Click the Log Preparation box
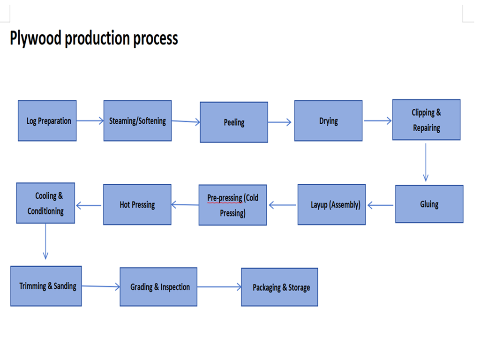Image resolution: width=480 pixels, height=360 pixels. [x=47, y=121]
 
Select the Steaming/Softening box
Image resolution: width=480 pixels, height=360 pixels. [x=137, y=121]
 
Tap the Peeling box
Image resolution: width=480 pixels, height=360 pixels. [x=234, y=122]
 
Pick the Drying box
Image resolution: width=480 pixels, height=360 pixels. [x=328, y=121]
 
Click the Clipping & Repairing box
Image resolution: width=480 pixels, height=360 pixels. [x=426, y=120]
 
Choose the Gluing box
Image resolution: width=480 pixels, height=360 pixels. [x=429, y=204]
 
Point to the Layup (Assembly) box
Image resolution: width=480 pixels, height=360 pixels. [x=331, y=205]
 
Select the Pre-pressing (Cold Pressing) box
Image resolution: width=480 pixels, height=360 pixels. [x=232, y=205]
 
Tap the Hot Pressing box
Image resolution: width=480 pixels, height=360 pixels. [x=137, y=205]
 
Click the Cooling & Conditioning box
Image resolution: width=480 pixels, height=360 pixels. [x=45, y=203]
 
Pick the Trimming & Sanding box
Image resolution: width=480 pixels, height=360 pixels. [x=46, y=286]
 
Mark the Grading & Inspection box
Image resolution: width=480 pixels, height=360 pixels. [x=158, y=287]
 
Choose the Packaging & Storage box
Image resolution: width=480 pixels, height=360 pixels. [x=279, y=287]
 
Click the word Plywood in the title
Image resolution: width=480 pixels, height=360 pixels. [x=36, y=38]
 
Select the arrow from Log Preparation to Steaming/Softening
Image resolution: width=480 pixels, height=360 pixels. [x=90, y=121]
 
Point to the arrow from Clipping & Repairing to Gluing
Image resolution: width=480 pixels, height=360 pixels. [x=426, y=162]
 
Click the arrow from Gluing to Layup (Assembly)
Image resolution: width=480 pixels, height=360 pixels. [x=380, y=205]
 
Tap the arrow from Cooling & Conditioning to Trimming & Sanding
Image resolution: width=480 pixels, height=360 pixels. [x=45, y=241]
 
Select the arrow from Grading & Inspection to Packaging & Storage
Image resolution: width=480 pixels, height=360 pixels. [x=219, y=287]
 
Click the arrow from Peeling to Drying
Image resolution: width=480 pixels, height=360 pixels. [x=280, y=122]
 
